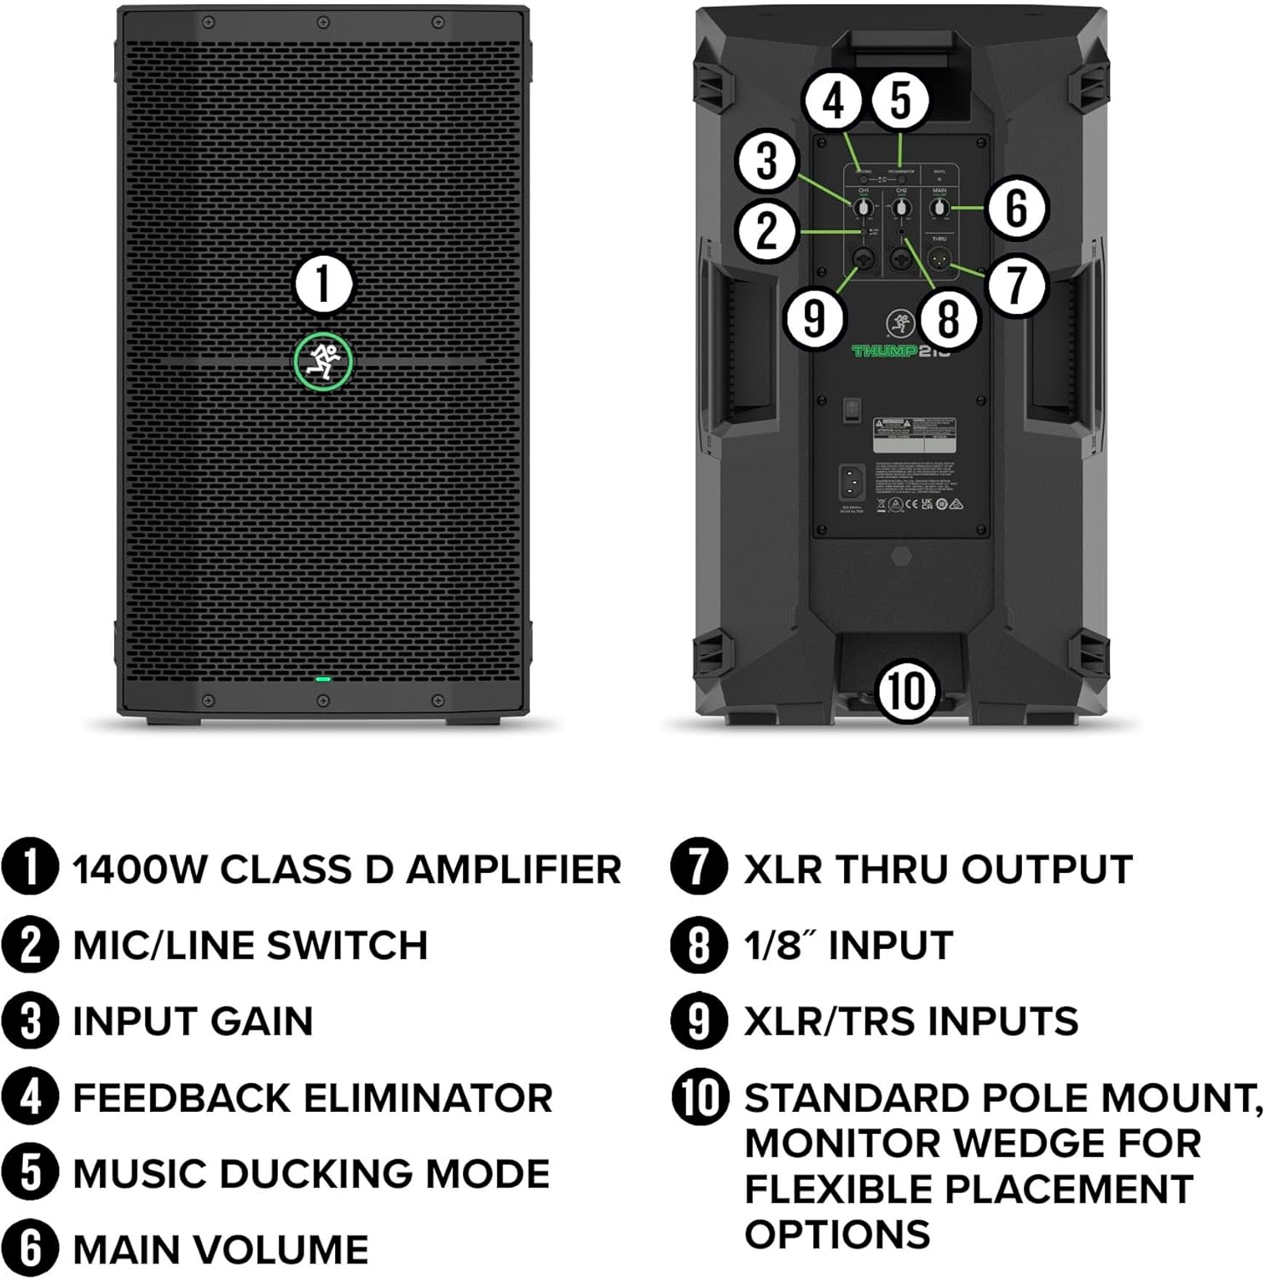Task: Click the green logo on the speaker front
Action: coord(323,362)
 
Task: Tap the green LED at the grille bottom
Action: coord(322,680)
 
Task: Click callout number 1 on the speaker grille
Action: coord(323,284)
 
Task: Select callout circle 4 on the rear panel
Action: coord(834,101)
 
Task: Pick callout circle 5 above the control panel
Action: coord(900,101)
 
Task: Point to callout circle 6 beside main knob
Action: coord(1015,208)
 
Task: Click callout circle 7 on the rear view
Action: coord(1015,284)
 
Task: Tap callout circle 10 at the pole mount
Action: coord(906,691)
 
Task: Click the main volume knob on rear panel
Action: coord(939,208)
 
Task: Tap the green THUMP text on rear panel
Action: coord(884,350)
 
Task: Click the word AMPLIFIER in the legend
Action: coord(513,870)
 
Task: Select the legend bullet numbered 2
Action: coord(30,946)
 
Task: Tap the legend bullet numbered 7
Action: coord(699,869)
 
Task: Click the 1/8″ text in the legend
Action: coord(778,945)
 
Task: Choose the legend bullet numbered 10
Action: coord(700,1097)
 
